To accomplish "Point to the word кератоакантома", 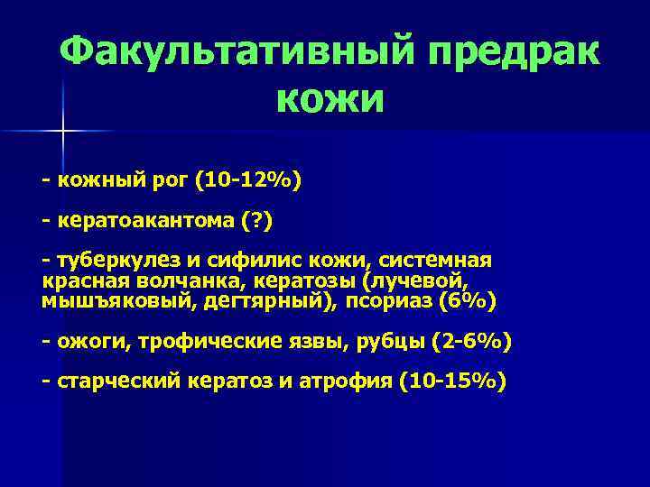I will pos(145,219).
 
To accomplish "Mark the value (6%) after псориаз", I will pos(467,299).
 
